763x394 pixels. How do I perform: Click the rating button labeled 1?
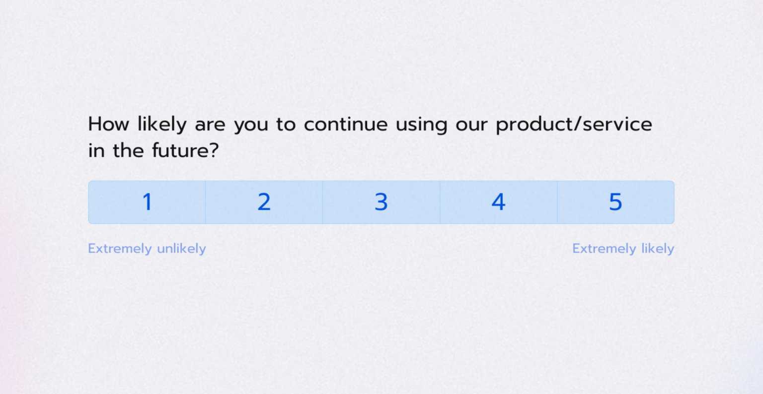tap(147, 202)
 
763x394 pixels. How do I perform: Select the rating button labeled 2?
tap(264, 202)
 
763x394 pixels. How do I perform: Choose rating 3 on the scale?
tap(381, 202)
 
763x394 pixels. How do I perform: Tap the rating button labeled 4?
tap(498, 202)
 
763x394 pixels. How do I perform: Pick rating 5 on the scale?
tap(615, 202)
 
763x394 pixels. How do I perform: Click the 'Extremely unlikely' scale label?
tap(147, 248)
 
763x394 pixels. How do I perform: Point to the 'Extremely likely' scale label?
tap(623, 248)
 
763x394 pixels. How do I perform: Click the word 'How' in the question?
tap(109, 124)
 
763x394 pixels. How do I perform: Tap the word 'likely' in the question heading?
tap(162, 124)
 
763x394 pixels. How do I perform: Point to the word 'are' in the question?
tap(210, 124)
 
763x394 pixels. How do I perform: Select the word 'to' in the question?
tap(286, 124)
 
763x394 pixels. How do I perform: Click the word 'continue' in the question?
tap(346, 124)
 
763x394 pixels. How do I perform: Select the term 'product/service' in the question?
tap(574, 124)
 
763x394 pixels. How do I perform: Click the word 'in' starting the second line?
tap(96, 150)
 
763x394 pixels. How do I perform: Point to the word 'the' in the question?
tap(128, 150)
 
